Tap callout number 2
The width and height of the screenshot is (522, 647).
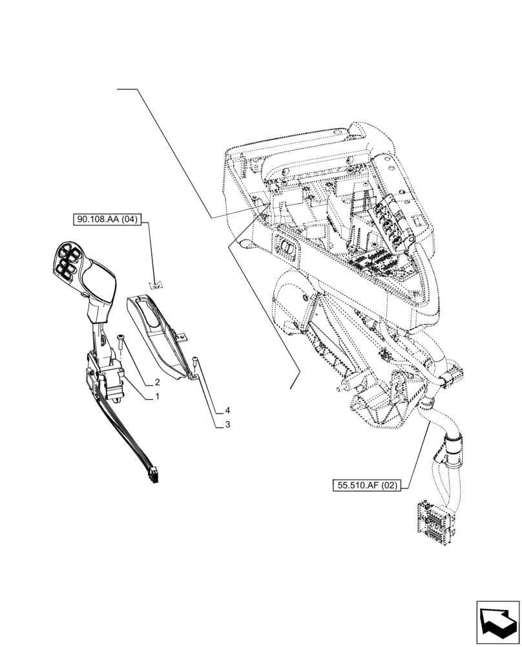pyautogui.click(x=157, y=382)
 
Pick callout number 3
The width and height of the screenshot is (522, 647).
pyautogui.click(x=228, y=424)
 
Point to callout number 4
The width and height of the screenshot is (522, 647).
pyautogui.click(x=228, y=410)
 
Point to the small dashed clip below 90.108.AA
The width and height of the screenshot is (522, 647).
pyautogui.click(x=155, y=283)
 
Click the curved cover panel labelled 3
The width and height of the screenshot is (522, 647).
pyautogui.click(x=155, y=336)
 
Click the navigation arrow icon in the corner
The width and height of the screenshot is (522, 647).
pyautogui.click(x=498, y=622)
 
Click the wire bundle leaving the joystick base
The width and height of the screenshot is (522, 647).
pyautogui.click(x=129, y=433)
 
